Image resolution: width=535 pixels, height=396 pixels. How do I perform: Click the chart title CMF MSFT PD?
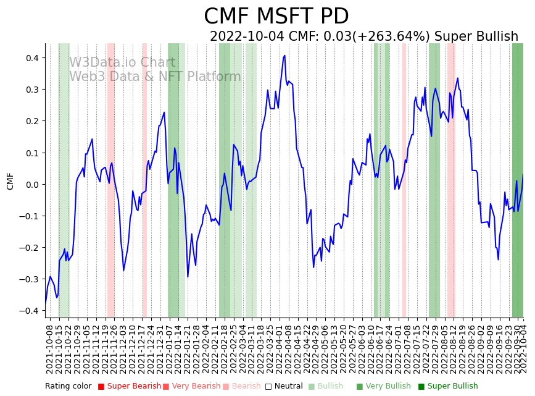[276, 17]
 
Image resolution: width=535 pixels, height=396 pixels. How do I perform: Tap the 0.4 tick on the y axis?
[31, 58]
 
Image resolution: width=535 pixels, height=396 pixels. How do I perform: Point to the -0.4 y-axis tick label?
[29, 311]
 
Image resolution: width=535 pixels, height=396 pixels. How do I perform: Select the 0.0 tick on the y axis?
[31, 185]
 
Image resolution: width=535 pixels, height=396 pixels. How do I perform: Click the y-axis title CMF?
[10, 182]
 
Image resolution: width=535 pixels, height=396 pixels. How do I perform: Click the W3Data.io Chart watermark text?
[122, 63]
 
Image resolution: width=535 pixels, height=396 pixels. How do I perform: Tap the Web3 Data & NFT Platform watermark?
[155, 77]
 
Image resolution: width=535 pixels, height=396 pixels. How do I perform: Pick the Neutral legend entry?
[284, 387]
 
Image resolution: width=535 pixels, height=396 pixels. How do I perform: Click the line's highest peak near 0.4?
[284, 56]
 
